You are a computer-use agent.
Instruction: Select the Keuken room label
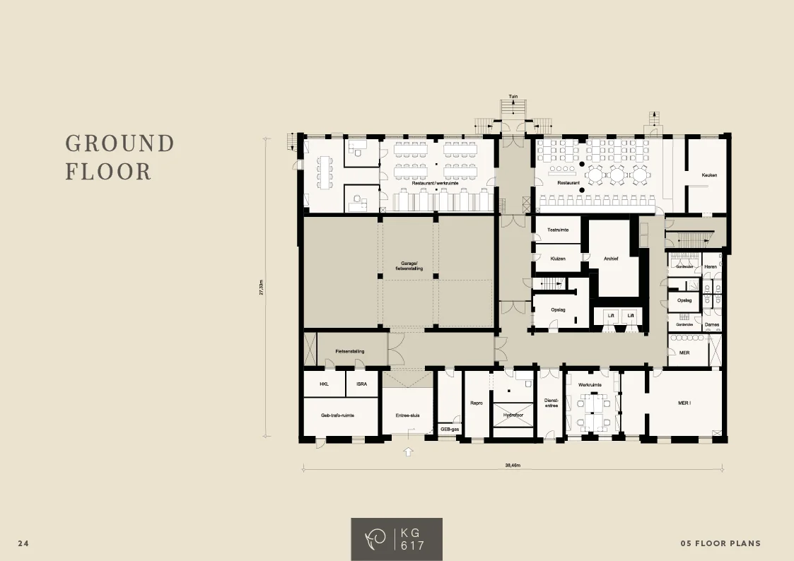709,175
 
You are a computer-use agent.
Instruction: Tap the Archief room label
611,259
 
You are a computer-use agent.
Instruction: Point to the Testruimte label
559,230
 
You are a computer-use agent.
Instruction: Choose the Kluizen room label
558,259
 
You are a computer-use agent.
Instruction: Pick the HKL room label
324,384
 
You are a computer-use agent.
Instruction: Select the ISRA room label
361,384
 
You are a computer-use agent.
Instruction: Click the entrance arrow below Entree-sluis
408,451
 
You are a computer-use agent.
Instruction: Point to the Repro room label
476,403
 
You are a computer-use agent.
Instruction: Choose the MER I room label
684,403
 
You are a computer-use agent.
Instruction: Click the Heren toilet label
711,266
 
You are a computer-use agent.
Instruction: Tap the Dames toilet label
711,325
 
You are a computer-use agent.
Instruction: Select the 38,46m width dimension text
513,466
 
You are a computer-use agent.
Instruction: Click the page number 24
23,543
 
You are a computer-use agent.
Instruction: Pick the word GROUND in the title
119,143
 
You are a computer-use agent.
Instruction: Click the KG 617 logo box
397,539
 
